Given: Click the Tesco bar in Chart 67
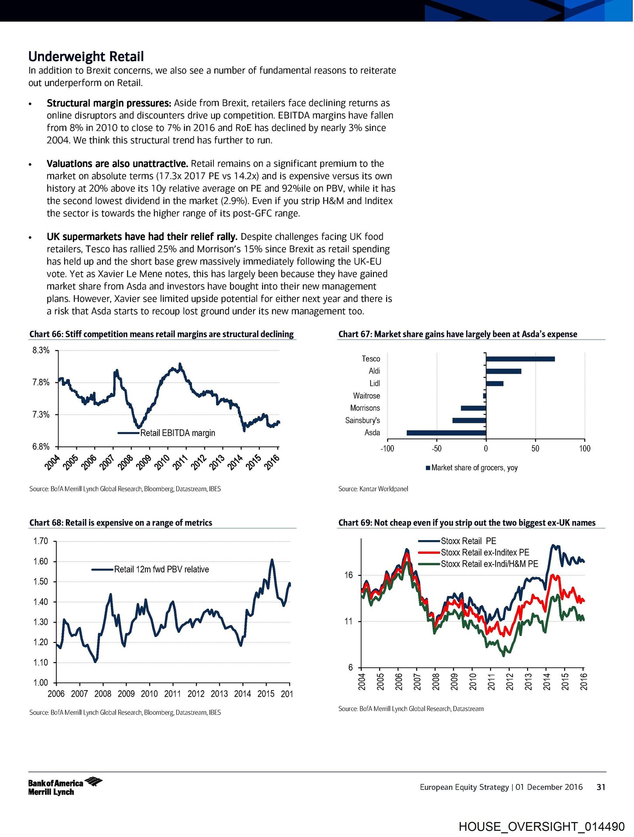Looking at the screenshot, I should point(520,359).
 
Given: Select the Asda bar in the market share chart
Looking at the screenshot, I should point(446,433).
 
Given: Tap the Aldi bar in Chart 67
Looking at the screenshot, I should point(504,371).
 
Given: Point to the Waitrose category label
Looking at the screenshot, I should point(366,396).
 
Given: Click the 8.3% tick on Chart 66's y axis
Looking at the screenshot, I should point(41,350).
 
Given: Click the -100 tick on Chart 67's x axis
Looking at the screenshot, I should point(387,449).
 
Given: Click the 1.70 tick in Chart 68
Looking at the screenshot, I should point(41,541).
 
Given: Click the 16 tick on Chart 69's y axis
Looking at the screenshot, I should point(349,575).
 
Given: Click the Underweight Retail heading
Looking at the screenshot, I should point(86,57).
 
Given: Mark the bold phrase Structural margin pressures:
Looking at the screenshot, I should point(109,103).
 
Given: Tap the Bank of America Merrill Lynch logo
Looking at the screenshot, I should point(65,787).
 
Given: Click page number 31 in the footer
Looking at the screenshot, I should point(601,787).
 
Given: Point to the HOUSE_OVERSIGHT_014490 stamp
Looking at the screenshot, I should point(541,827).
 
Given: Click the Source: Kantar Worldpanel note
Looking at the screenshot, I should point(373,489).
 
